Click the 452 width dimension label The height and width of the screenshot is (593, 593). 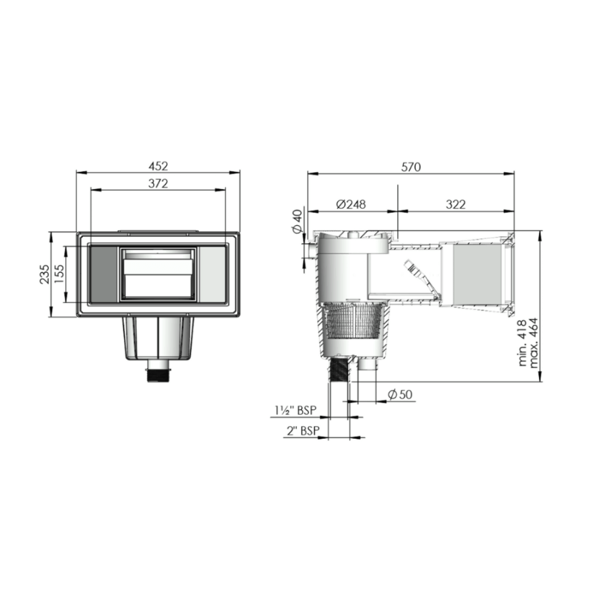pos(158,165)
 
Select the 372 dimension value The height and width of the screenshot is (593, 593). pos(158,184)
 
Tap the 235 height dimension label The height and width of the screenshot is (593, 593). pos(43,273)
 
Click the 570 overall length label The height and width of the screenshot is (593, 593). pos(410,167)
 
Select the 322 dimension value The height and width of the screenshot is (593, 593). pos(455,204)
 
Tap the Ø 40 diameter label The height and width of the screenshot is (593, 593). pos(296,221)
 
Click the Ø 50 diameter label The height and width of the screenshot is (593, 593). pos(399,394)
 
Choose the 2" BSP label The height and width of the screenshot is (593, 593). pos(303,431)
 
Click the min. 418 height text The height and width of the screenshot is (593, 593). pos(522,343)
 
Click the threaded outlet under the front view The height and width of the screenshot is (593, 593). pos(158,376)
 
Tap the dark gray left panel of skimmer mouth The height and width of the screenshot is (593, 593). pos(103,273)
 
